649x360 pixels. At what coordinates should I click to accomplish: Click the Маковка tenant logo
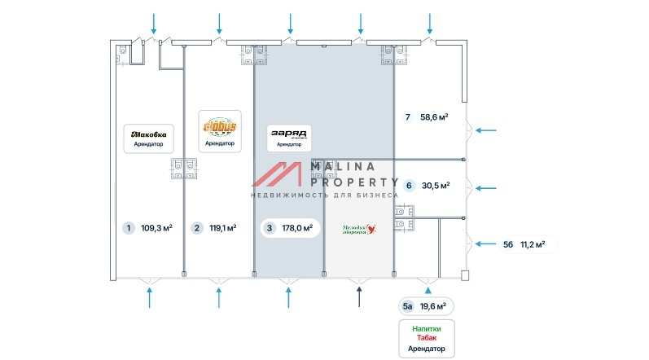(149, 134)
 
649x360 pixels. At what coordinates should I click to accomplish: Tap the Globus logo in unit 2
(219, 128)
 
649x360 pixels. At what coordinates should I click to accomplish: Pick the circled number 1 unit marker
(128, 228)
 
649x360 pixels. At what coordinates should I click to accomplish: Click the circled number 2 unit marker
(196, 228)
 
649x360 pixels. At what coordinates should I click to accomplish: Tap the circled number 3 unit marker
(270, 228)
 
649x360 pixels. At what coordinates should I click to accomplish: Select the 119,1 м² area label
(222, 228)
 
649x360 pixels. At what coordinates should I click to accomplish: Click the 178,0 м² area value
(296, 228)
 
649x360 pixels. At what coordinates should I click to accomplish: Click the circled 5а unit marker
(408, 306)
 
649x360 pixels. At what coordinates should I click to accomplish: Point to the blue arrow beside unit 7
(490, 130)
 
